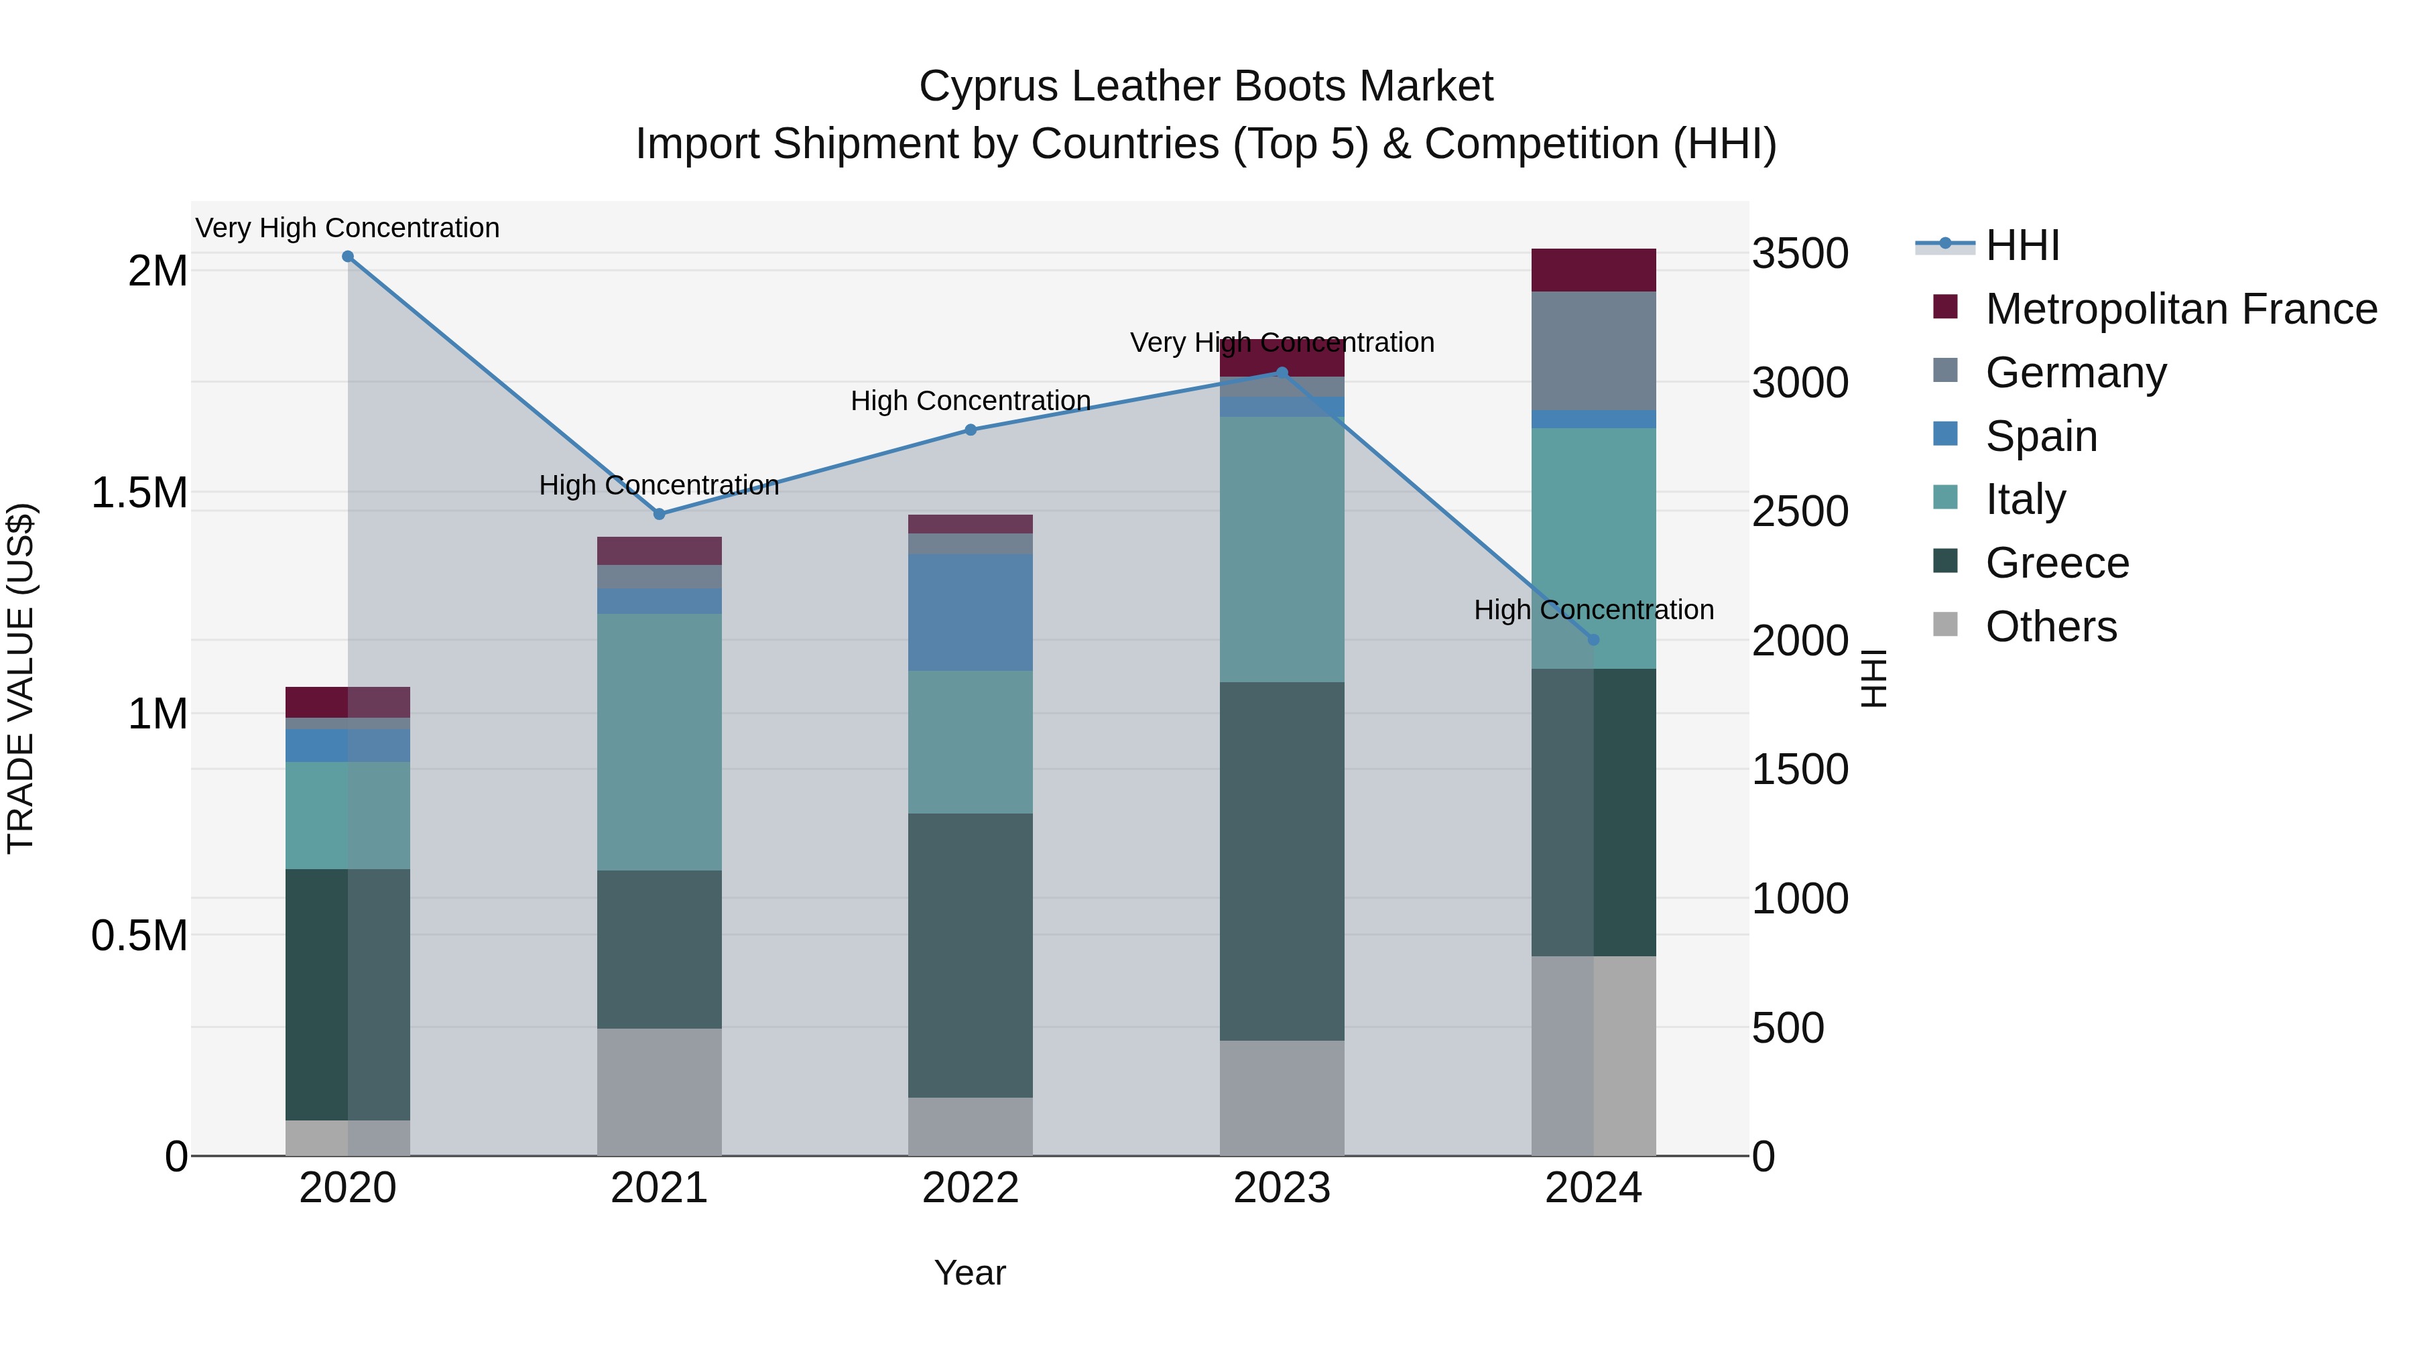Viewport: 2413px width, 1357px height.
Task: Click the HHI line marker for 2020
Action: [x=347, y=257]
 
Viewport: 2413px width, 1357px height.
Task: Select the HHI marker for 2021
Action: [x=660, y=514]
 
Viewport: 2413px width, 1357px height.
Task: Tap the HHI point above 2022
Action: [x=971, y=430]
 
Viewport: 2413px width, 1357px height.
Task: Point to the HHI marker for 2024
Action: [x=1593, y=640]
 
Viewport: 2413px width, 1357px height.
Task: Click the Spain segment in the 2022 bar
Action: [x=971, y=612]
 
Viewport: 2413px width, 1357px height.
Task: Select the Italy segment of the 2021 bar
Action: [x=660, y=742]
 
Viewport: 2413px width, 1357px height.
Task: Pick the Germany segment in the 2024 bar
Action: [x=1593, y=350]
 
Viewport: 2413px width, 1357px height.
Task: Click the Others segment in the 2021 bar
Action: [x=660, y=1092]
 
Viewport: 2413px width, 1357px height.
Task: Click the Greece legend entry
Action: [x=2056, y=563]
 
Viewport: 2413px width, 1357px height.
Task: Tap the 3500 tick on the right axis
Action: [x=1800, y=254]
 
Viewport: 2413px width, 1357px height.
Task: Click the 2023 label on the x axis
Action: [x=1282, y=1188]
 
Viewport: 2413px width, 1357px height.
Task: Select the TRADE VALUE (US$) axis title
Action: [x=21, y=678]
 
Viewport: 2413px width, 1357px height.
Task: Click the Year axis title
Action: [x=969, y=1273]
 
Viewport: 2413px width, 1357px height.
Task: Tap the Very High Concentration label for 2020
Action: [x=347, y=228]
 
